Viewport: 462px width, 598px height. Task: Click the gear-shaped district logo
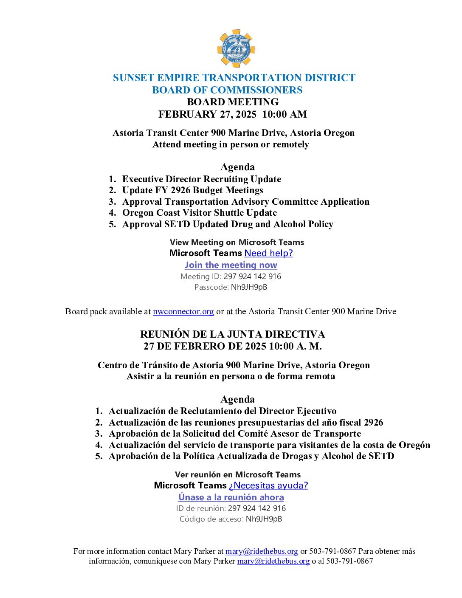(x=236, y=48)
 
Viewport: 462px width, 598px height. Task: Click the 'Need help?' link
(x=268, y=253)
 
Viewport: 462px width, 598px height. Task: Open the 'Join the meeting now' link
(x=231, y=265)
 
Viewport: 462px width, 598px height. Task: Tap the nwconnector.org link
(x=183, y=311)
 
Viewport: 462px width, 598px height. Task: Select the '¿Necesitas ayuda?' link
(x=268, y=485)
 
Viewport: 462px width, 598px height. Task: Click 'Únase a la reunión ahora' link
(x=231, y=497)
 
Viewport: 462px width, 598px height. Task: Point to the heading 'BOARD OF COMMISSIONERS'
(x=227, y=90)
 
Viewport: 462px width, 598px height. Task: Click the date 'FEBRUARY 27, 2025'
(x=207, y=114)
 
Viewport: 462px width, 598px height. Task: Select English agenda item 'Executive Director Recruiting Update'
(x=201, y=179)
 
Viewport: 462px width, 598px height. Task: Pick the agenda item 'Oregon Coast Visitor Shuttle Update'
(x=199, y=213)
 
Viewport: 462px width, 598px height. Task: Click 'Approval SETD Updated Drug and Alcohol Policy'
(x=228, y=224)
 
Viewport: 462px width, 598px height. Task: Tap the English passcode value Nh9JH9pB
(x=249, y=287)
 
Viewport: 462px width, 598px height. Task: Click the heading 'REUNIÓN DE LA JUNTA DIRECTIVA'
(x=232, y=334)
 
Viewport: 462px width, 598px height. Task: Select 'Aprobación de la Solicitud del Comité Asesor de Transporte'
(x=234, y=434)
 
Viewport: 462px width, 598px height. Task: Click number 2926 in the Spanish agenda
(x=373, y=423)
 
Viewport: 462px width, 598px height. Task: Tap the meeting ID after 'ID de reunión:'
(x=256, y=508)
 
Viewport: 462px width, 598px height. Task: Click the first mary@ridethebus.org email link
(x=261, y=551)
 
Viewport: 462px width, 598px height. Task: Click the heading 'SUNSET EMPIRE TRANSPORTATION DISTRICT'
(x=234, y=78)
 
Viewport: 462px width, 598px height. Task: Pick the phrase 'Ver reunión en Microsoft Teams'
(x=237, y=475)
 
